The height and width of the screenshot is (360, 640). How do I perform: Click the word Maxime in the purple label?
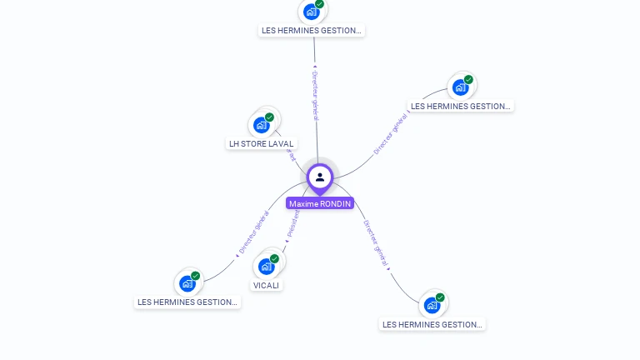[303, 203]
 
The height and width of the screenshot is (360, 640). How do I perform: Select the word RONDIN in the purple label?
[336, 203]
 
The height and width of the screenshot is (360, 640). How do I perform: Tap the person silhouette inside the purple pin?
[320, 177]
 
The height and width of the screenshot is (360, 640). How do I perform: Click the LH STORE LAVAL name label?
[262, 143]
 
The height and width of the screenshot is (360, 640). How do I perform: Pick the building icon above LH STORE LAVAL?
[262, 125]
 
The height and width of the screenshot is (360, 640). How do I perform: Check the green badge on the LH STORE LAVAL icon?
[270, 117]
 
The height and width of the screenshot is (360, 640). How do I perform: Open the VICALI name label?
[267, 285]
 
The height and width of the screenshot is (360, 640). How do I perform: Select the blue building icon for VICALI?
[266, 267]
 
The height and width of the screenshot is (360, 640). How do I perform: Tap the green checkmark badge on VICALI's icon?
[274, 258]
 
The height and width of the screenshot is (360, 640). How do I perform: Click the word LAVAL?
[282, 143]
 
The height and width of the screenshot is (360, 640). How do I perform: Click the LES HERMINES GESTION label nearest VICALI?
[188, 302]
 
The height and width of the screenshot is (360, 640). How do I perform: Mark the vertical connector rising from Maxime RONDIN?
[316, 133]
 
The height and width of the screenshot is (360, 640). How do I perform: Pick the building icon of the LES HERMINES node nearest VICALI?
[187, 283]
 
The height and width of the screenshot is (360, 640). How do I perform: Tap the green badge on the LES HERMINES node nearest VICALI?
[196, 276]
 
